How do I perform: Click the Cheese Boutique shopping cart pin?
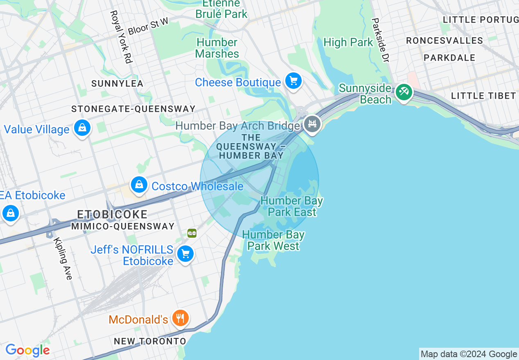[293, 81]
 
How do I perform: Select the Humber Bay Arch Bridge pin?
[313, 124]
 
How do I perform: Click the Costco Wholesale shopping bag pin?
[139, 185]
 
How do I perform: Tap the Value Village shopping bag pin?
[82, 128]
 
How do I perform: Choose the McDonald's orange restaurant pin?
[180, 318]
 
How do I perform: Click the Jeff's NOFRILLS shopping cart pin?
[185, 254]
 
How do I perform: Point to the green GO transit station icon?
[192, 233]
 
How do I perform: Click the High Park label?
[348, 42]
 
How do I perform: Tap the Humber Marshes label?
[217, 48]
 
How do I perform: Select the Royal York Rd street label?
[121, 37]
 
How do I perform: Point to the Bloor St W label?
[148, 26]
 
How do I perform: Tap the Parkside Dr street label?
[380, 40]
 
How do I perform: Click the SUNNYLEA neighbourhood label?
[117, 83]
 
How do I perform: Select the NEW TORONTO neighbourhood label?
[150, 341]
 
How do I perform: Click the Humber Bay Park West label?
[273, 240]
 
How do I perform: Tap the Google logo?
[27, 350]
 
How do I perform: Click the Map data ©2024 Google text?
[469, 354]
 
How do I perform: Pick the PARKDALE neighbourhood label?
[449, 58]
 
